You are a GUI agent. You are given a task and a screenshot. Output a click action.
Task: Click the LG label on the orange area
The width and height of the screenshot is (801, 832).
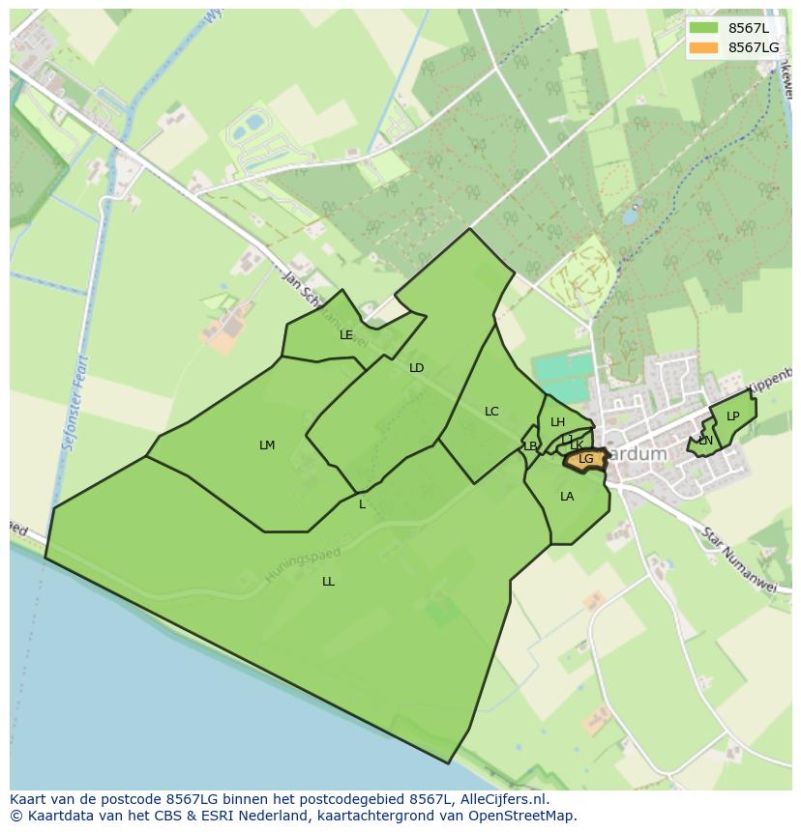tap(586, 459)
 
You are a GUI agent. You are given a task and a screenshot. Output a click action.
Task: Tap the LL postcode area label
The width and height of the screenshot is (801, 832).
tap(329, 582)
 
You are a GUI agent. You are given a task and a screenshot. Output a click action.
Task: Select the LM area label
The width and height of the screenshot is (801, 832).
tap(267, 445)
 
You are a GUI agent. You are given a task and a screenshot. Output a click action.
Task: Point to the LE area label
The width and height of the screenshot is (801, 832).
tap(346, 335)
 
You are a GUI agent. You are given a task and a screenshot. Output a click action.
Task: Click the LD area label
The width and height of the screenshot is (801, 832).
tap(417, 367)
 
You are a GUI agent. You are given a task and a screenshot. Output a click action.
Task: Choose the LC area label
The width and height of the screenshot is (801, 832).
tap(491, 412)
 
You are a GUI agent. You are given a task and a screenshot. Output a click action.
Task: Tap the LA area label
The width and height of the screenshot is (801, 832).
tap(567, 497)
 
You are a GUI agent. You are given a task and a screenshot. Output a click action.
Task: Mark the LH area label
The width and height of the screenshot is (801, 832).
tap(557, 422)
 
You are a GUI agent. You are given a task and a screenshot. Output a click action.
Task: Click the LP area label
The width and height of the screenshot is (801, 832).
tap(733, 416)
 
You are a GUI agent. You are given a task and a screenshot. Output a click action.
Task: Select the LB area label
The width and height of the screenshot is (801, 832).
tap(530, 446)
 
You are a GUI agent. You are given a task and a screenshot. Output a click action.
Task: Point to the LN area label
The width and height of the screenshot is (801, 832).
tap(705, 441)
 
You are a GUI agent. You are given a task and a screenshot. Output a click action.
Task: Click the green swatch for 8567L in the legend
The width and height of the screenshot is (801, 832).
tap(703, 28)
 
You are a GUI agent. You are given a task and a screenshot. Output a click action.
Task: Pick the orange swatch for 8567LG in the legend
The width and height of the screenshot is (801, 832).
tap(703, 47)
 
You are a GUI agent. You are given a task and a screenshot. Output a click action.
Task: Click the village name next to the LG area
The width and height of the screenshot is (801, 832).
tap(638, 454)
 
